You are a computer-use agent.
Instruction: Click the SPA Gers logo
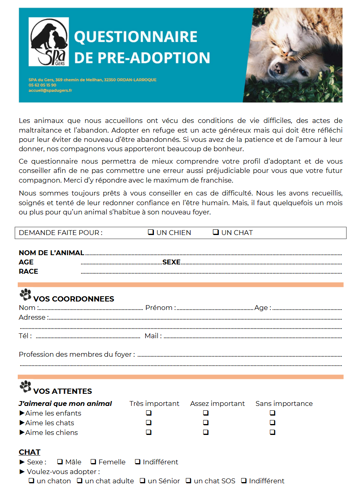[x=48, y=42]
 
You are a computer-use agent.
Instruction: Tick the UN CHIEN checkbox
[x=151, y=232]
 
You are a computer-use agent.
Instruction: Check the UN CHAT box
[x=216, y=232]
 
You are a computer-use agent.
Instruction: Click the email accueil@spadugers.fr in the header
[x=50, y=91]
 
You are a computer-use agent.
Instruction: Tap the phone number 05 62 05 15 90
[x=42, y=85]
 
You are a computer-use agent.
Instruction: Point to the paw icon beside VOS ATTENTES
[x=25, y=387]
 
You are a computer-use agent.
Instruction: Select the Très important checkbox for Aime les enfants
[x=148, y=413]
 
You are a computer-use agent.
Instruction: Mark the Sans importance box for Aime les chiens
[x=273, y=432]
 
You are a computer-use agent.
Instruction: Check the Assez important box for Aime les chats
[x=206, y=422]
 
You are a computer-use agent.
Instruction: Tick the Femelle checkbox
[x=93, y=462]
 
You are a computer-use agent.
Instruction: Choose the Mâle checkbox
[x=60, y=462]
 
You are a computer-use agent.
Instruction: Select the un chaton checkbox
[x=31, y=480]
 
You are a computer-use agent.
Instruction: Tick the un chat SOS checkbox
[x=188, y=480]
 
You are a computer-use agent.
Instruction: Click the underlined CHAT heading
[x=29, y=452]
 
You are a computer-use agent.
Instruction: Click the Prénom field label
[x=160, y=308]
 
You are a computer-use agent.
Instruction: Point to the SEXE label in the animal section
[x=171, y=262]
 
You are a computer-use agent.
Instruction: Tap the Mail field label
[x=153, y=336]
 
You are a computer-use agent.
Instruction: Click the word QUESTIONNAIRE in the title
[x=136, y=37]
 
